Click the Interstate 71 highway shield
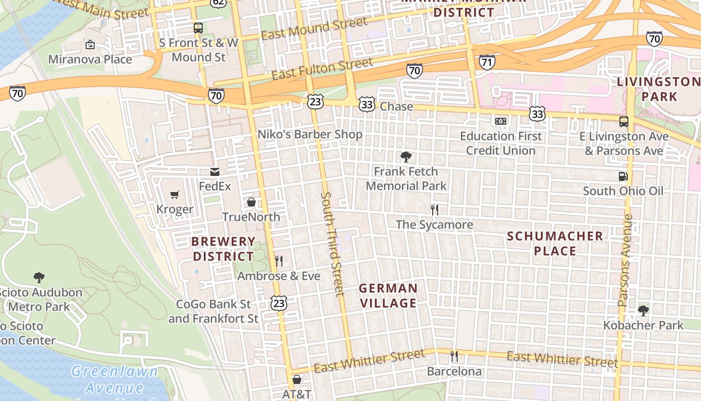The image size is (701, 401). [487, 62]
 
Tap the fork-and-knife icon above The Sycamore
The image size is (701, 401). [435, 210]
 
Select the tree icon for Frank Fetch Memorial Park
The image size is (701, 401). [406, 157]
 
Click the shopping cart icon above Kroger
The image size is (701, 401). [174, 194]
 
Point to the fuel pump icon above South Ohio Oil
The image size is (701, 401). [623, 176]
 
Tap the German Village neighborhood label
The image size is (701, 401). [388, 296]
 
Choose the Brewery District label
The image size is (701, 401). [223, 249]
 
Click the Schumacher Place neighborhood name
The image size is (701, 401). [555, 243]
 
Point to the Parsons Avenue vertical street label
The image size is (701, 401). [625, 261]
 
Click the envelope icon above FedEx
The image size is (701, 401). [215, 172]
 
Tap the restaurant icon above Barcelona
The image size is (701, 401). [454, 356]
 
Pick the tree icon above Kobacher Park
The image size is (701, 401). [643, 311]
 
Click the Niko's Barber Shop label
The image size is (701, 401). [309, 134]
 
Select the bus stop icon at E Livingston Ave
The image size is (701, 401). [624, 121]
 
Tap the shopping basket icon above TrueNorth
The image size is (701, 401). [251, 202]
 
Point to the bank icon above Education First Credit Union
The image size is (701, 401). [501, 121]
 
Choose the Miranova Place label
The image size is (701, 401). [90, 60]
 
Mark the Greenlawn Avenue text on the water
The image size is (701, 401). [114, 379]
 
